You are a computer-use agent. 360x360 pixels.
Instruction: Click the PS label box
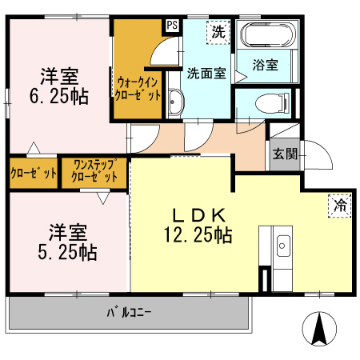tap(172, 25)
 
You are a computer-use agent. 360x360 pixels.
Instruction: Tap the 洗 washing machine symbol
tap(218, 33)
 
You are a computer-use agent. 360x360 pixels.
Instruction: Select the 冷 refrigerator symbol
tap(340, 205)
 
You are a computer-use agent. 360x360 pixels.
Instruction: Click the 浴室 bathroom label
tap(265, 66)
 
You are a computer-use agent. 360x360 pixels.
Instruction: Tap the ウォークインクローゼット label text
tap(138, 87)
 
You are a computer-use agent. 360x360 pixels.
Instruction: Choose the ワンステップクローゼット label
tap(95, 171)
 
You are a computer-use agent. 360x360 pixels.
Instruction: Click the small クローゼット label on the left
tap(34, 173)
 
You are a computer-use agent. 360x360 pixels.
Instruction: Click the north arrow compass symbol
tap(319, 329)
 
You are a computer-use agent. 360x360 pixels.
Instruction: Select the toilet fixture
tap(265, 102)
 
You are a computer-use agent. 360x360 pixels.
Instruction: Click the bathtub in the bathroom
tap(269, 36)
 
